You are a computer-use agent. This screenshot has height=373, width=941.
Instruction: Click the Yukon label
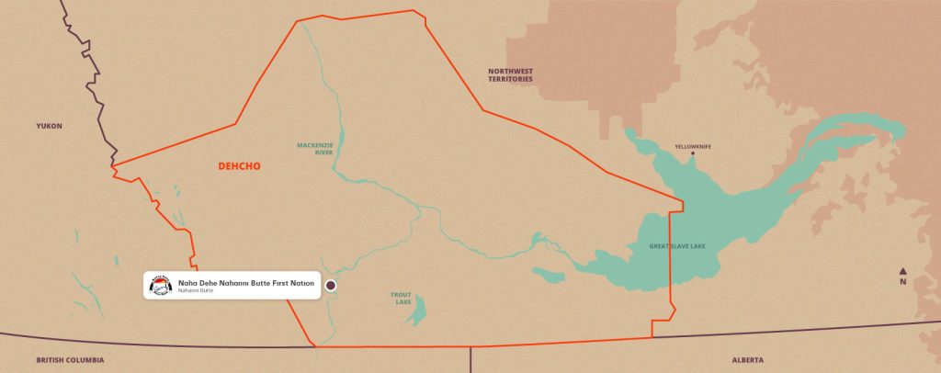click(49, 126)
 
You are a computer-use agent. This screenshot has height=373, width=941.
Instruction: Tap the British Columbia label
click(70, 360)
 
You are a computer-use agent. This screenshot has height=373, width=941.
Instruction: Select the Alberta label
click(747, 360)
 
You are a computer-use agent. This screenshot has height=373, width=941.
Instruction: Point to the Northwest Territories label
click(511, 74)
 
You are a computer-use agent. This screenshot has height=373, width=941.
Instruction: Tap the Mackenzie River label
click(314, 149)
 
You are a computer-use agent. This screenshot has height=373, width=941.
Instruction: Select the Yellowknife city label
click(693, 146)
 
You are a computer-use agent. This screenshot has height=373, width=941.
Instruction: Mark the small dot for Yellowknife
click(694, 154)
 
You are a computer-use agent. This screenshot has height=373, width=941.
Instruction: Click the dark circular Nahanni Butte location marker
click(331, 286)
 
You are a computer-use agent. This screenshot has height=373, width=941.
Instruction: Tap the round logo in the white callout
click(161, 286)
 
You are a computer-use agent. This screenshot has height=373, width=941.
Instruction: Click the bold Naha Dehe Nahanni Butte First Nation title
click(245, 282)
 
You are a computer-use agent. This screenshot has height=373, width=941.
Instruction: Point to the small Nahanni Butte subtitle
click(196, 292)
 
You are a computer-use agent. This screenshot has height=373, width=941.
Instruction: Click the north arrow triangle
click(903, 271)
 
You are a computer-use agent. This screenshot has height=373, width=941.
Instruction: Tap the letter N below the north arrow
click(903, 282)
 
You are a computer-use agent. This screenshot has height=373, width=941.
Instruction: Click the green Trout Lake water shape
click(420, 309)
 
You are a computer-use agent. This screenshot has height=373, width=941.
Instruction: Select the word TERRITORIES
click(511, 79)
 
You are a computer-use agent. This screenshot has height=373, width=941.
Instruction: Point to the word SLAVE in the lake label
click(682, 246)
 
